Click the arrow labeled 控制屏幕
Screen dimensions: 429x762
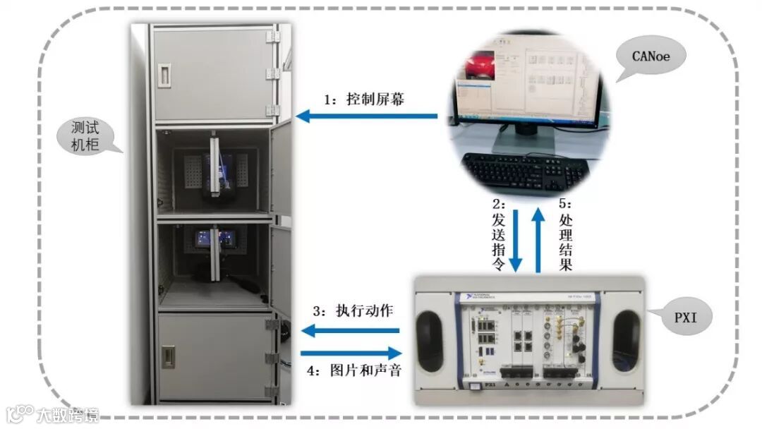(x=366, y=116)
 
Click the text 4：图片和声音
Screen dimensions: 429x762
(x=355, y=370)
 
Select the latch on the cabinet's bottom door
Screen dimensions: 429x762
(x=169, y=356)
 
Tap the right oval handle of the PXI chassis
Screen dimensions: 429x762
(x=625, y=341)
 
